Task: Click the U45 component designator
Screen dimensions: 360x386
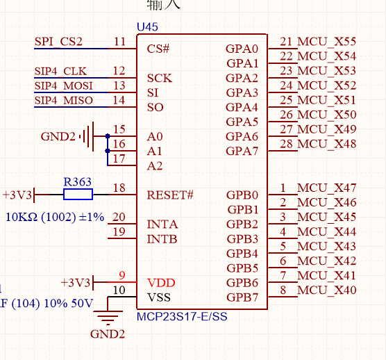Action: point(148,26)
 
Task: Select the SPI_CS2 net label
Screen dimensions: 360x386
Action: point(58,42)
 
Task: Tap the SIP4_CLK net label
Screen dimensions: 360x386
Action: point(61,72)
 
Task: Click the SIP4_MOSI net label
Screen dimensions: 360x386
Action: point(64,86)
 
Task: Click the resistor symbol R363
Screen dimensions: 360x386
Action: point(77,195)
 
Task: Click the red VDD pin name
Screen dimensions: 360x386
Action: point(161,283)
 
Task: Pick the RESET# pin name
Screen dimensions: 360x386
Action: point(170,195)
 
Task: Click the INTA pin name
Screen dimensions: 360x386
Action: point(162,224)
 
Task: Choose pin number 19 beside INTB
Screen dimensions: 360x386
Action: point(119,232)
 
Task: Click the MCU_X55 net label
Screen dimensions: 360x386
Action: point(327,42)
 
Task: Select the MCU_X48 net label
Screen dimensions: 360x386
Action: point(327,145)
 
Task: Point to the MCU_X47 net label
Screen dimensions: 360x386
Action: point(327,188)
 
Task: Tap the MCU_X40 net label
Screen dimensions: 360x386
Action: point(327,291)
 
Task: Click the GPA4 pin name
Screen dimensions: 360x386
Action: point(242,108)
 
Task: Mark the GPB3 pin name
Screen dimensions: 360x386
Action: point(242,239)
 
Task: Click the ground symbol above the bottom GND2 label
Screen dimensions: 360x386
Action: point(108,319)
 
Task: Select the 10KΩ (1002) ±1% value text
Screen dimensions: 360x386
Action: point(55,217)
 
